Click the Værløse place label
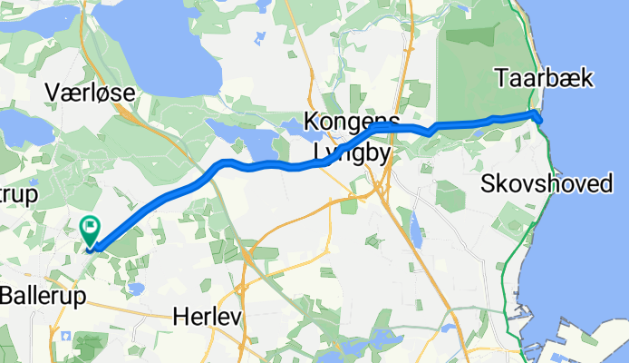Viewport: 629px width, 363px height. point(91,92)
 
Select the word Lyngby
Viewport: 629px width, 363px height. point(353,153)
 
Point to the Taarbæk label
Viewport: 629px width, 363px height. point(544,79)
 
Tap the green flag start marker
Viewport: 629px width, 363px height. point(91,229)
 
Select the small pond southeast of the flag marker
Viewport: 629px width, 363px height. point(136,288)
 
